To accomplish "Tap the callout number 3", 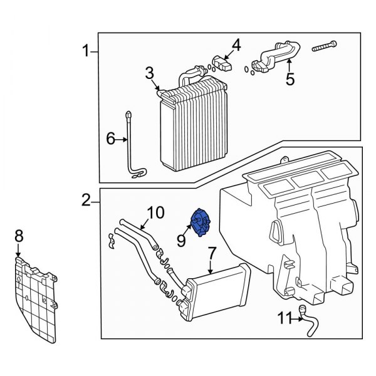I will tap(150, 74).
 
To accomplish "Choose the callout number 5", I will tap(289, 79).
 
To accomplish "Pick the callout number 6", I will tap(110, 139).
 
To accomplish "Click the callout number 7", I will tap(212, 254).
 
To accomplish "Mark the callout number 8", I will tap(18, 236).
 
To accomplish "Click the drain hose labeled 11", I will tap(309, 320).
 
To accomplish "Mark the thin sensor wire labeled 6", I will tap(132, 147).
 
